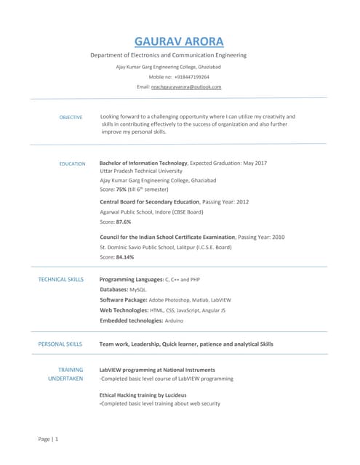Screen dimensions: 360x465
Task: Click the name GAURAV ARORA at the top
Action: pyautogui.click(x=179, y=41)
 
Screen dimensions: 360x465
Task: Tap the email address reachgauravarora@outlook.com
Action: pyautogui.click(x=185, y=86)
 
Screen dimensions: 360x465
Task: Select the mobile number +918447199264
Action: pyautogui.click(x=191, y=76)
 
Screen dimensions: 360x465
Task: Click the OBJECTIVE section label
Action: pyautogui.click(x=71, y=117)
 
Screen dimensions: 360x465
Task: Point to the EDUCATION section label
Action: pyautogui.click(x=72, y=163)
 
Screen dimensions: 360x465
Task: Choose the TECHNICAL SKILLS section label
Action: pyautogui.click(x=60, y=279)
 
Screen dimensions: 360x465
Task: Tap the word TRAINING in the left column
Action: pyautogui.click(x=71, y=369)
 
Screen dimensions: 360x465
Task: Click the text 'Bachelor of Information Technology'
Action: pyautogui.click(x=143, y=163)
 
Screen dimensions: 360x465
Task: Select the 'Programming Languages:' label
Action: pyautogui.click(x=131, y=279)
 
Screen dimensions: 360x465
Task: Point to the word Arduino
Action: pyautogui.click(x=175, y=320)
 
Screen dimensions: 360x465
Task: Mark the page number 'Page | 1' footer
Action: pyautogui.click(x=48, y=440)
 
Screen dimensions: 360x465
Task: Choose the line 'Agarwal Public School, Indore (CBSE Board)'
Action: pyautogui.click(x=151, y=211)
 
